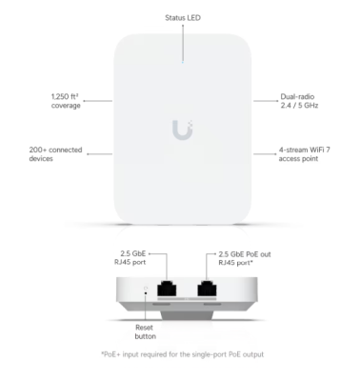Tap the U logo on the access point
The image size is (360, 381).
180,129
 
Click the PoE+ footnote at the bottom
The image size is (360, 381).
181,354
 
